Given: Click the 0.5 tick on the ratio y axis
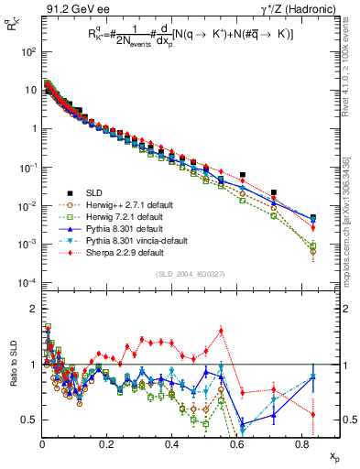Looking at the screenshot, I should (29, 420).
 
